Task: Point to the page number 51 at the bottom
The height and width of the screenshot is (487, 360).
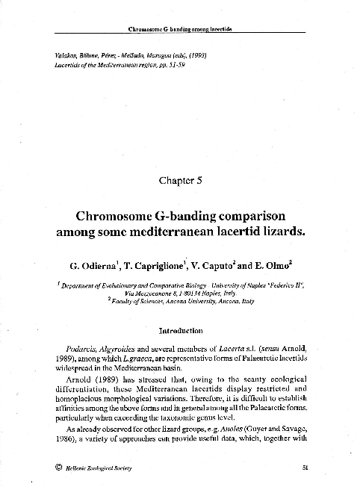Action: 305,468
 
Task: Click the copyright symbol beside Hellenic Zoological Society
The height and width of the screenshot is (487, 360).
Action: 49,468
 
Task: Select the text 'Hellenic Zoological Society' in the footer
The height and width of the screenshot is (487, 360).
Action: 94,468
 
